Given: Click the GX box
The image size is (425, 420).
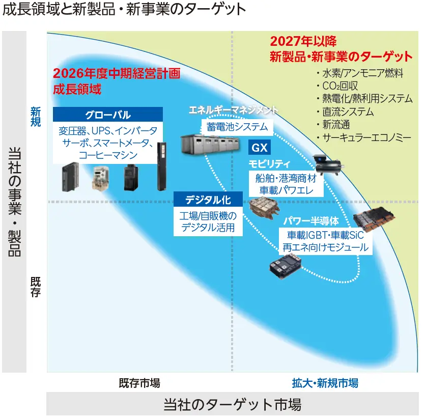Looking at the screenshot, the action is [260, 148].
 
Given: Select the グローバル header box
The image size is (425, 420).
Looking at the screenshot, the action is [108, 115].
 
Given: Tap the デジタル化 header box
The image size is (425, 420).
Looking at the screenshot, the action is [208, 200].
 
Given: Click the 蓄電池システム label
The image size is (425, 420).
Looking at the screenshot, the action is [237, 127].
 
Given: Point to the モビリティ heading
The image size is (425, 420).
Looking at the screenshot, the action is [269, 164].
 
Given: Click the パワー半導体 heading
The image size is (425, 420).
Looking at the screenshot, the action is [311, 221].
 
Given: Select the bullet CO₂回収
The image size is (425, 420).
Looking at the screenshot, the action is [337, 86].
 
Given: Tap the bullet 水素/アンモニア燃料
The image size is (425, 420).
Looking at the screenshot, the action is [360, 73].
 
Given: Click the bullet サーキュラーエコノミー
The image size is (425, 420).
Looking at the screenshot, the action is [364, 138].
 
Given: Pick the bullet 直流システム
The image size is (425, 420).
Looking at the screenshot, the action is [345, 112].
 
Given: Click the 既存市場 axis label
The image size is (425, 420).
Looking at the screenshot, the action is [139, 383].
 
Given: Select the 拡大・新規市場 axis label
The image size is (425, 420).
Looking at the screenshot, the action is [325, 383].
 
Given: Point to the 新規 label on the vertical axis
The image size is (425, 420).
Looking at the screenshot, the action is [36, 117].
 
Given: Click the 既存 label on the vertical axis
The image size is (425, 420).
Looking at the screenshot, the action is [36, 287].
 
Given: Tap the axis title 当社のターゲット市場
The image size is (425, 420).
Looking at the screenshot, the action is [232, 404].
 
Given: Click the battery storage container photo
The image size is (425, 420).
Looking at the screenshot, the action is [210, 145].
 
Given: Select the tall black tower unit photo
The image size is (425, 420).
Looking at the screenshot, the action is [162, 166].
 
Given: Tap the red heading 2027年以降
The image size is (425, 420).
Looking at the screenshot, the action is [303, 41].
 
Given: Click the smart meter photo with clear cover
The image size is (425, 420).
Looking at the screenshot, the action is [101, 177].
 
